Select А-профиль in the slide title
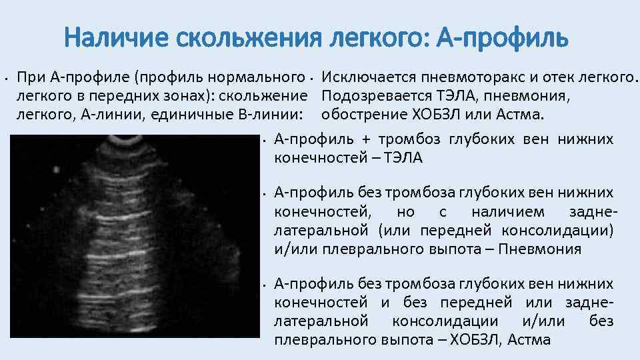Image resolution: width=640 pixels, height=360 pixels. (501, 38)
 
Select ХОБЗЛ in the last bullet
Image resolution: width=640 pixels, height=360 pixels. (475, 340)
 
